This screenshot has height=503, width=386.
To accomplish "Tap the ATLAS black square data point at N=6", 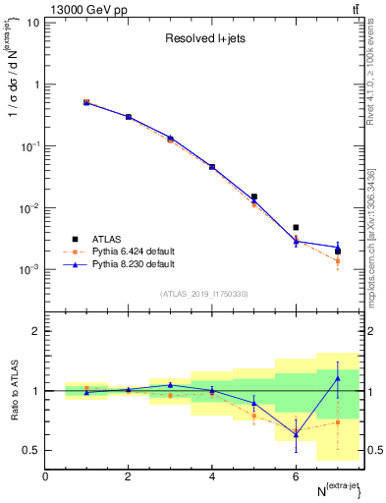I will tap(296, 227).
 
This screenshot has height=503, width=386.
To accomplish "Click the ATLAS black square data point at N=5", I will tap(253, 196).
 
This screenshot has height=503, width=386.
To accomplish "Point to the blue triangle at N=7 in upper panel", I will tap(337, 247).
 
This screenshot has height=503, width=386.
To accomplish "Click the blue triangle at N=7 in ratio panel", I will tap(337, 378).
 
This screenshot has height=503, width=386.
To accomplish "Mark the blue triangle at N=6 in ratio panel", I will tap(296, 433).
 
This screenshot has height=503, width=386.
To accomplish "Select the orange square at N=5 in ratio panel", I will tap(253, 416).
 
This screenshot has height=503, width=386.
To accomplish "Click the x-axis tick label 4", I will tap(212, 476).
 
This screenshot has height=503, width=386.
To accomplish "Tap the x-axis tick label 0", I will tap(45, 476).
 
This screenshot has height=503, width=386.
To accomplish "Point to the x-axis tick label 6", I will tap(296, 476).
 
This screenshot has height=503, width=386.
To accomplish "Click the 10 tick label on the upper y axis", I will tap(32, 22).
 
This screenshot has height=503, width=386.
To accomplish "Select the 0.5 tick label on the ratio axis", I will tap(31, 451).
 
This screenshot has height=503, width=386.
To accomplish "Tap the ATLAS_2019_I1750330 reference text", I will tap(204, 294).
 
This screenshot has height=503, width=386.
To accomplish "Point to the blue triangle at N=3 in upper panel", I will tap(170, 138).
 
